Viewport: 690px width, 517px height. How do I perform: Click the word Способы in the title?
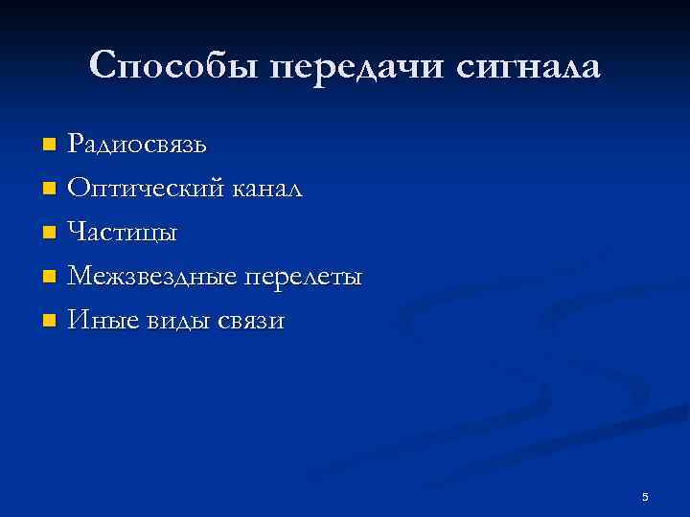(x=173, y=66)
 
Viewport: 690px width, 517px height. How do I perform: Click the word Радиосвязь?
(x=136, y=145)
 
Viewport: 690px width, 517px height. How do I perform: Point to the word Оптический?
(x=143, y=189)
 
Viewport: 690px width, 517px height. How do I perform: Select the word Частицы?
(x=122, y=233)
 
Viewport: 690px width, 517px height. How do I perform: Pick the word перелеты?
(x=304, y=277)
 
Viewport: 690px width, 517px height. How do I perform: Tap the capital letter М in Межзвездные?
(x=80, y=277)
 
